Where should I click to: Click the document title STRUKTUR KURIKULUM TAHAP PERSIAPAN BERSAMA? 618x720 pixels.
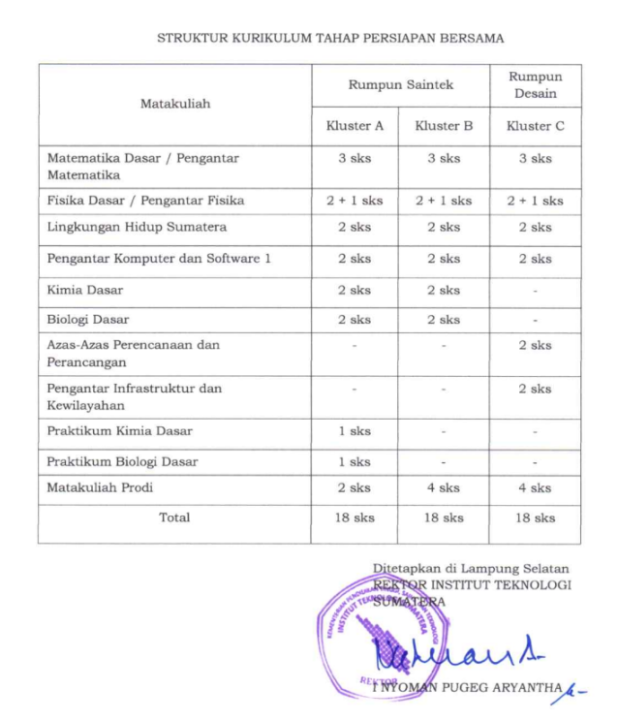tap(330, 39)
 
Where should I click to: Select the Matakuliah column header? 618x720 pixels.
tap(174, 103)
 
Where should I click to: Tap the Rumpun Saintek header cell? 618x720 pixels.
tap(400, 85)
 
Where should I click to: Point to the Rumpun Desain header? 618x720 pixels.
tap(535, 85)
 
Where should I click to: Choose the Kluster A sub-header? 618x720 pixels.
tap(355, 126)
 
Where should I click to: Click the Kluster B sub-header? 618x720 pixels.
tap(444, 126)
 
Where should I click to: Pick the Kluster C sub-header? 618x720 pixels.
tap(535, 126)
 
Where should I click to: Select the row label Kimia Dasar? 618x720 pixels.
tap(85, 290)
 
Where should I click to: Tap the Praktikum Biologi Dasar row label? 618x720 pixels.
tap(122, 461)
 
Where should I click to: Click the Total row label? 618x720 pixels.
tap(174, 517)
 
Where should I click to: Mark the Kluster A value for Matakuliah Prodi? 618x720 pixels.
tap(355, 487)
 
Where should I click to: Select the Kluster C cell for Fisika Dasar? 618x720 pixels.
tap(535, 201)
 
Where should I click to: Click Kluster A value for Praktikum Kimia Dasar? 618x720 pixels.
tap(355, 431)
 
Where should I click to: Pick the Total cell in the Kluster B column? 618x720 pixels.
tap(444, 517)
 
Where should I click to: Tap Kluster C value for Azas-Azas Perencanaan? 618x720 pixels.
tap(535, 345)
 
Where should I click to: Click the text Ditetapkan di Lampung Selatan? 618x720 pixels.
tap(471, 568)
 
